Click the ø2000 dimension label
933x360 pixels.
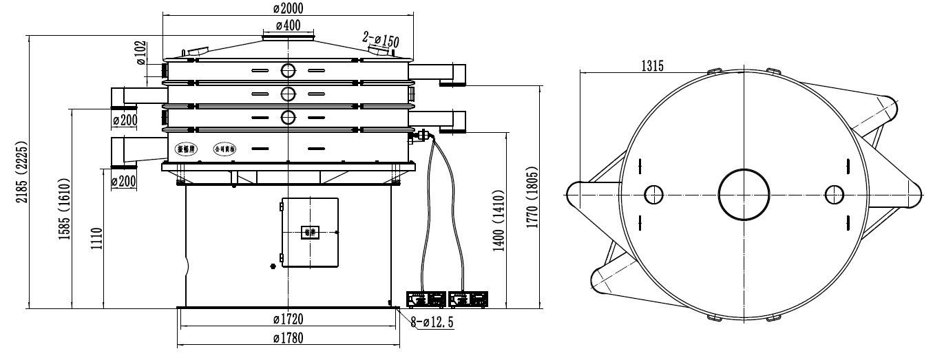click(288, 8)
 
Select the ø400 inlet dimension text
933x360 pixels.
click(288, 25)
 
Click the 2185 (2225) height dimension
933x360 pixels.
click(21, 171)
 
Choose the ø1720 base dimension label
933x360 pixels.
click(288, 319)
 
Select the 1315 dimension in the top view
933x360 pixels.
click(652, 66)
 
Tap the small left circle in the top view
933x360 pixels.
click(653, 195)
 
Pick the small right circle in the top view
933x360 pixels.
click(833, 195)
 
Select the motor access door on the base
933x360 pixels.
click(310, 232)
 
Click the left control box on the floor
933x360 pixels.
click(426, 299)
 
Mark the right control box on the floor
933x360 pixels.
click(468, 299)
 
